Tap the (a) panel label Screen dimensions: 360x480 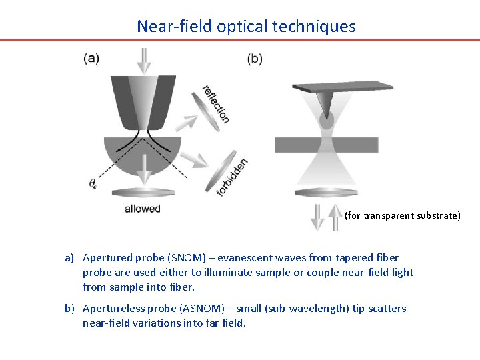tap(91, 58)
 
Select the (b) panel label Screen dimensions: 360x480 tap(255, 59)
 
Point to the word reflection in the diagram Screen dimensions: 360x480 tap(215, 104)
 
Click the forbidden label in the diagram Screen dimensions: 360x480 tap(233, 177)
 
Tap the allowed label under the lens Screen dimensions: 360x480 tap(142, 209)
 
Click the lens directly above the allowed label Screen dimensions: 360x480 tap(142, 193)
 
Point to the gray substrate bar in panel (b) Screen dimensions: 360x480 tap(327, 145)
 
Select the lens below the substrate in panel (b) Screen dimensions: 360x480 tap(327, 193)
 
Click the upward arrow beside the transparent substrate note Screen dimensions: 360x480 tap(335, 217)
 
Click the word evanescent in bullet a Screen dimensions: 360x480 tap(255, 257)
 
